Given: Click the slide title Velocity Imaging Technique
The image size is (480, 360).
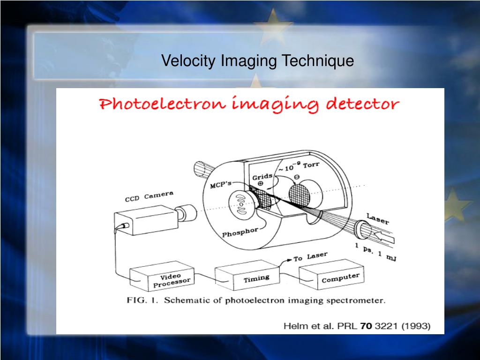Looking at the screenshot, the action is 257,60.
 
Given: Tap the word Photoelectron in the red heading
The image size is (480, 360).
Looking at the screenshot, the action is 163,104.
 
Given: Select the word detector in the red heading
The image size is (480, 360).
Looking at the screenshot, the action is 362,104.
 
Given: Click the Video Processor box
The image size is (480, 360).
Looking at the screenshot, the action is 162,276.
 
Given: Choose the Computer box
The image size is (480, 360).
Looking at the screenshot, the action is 331,274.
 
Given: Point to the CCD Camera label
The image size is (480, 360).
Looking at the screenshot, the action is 149,196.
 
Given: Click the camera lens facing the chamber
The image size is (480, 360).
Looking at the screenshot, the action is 187,213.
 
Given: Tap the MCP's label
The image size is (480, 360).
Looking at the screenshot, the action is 220,184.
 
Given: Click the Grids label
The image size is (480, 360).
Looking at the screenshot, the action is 262,177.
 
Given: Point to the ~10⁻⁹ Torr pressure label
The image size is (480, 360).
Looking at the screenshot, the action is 299,166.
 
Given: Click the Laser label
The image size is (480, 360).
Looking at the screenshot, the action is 378,218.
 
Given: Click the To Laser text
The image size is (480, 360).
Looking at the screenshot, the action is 310,256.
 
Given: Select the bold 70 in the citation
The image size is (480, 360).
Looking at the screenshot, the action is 366,326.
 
